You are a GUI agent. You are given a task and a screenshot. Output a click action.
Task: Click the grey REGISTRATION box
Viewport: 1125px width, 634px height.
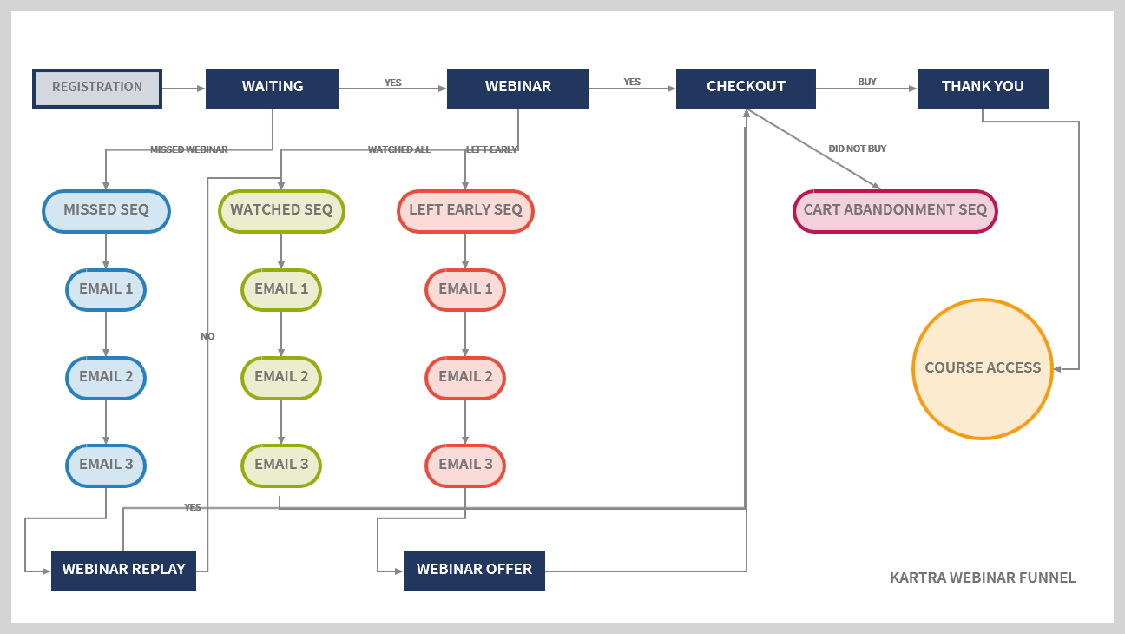pos(97,88)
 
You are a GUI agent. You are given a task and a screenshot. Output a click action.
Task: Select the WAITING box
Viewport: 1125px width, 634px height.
pos(273,88)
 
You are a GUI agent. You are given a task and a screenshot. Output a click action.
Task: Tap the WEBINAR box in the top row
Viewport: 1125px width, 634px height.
pos(517,88)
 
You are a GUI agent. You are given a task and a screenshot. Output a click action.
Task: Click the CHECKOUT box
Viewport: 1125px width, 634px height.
pos(746,88)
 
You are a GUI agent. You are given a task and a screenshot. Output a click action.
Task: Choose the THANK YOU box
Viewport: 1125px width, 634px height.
pos(983,88)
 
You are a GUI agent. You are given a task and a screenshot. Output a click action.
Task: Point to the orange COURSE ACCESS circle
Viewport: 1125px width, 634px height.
pos(983,368)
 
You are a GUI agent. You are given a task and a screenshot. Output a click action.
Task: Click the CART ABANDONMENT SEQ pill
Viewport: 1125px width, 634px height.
pos(895,211)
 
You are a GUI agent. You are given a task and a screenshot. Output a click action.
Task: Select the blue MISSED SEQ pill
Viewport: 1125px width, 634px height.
pos(106,211)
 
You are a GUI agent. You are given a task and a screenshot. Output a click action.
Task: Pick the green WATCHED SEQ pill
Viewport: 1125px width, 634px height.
pos(281,211)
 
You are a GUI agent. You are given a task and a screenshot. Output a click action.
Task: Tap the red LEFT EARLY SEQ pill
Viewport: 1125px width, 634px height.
pos(465,211)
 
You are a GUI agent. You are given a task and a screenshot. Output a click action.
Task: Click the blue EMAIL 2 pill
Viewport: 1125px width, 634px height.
pos(106,378)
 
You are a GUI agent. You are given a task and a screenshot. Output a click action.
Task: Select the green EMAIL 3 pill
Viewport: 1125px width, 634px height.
pos(281,465)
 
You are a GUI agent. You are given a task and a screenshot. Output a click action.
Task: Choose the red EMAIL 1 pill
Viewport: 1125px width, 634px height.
pos(465,289)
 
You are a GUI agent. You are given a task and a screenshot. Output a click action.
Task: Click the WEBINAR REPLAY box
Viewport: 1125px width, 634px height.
pos(123,571)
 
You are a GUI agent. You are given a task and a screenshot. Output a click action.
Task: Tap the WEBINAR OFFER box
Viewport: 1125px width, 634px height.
pos(474,571)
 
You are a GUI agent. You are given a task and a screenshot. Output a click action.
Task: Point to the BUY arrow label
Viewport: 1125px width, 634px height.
pos(867,82)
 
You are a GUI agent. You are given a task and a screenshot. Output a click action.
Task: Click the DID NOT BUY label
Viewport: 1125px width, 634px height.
pos(857,149)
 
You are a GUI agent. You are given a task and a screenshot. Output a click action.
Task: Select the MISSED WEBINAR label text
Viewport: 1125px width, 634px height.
pos(188,149)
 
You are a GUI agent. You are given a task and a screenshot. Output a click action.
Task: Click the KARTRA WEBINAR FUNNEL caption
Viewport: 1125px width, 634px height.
pos(983,578)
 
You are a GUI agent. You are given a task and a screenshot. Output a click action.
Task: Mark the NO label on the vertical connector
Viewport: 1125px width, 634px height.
pos(207,336)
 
